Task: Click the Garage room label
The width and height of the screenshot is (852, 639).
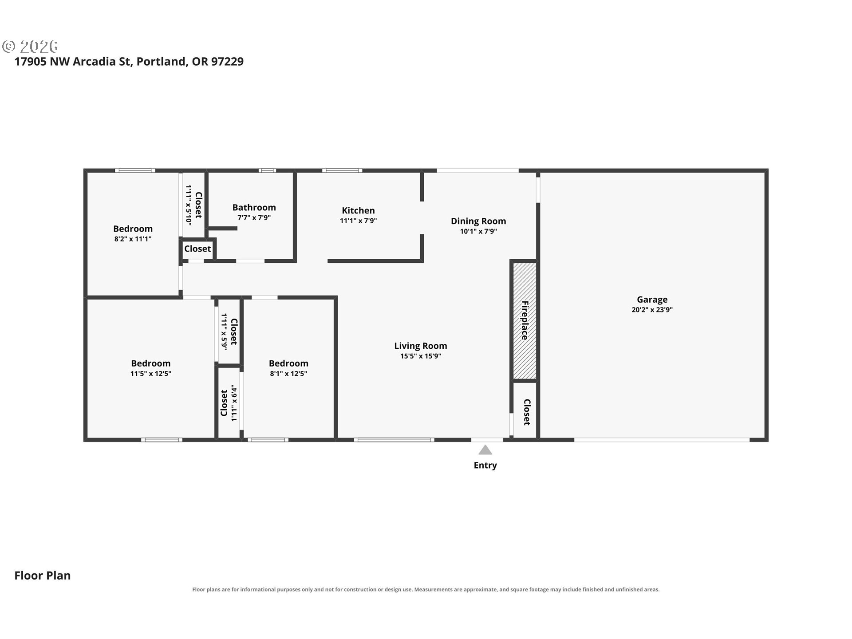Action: point(652,300)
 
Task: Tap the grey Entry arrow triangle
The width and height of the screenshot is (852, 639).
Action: point(485,450)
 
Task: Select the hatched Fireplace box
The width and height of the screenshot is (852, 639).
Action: point(525,321)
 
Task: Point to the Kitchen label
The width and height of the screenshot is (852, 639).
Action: point(358,210)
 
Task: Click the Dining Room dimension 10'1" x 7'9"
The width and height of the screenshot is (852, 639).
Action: point(478,231)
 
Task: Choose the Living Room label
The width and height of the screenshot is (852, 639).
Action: point(421,346)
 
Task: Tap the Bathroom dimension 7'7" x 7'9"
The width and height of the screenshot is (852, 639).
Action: point(254,217)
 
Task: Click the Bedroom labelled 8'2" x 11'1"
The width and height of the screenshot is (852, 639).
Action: point(133,229)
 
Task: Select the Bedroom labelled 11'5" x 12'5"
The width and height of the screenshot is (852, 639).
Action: point(151,363)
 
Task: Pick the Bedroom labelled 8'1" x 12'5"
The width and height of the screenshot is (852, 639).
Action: point(288,363)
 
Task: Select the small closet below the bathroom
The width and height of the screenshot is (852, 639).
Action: point(197,248)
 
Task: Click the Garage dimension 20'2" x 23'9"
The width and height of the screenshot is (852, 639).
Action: point(652,310)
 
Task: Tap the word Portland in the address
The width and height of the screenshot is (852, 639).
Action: point(161,61)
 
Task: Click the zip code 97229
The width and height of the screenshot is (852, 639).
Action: point(227,61)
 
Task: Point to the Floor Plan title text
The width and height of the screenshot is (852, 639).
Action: point(43,576)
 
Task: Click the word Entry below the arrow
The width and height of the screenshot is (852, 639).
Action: point(485,465)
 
